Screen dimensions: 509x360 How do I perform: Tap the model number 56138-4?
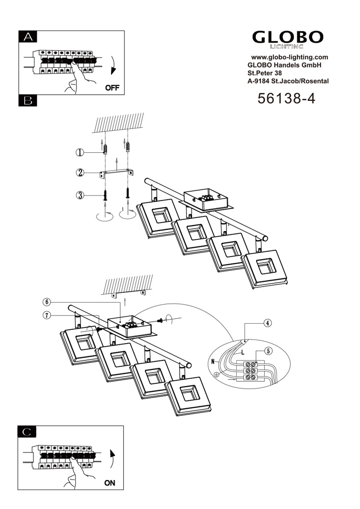click(x=287, y=98)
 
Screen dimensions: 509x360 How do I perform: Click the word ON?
click(x=109, y=484)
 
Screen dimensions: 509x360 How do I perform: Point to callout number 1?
click(x=80, y=152)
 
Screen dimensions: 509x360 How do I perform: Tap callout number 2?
click(x=80, y=173)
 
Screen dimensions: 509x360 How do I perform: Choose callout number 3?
click(x=80, y=195)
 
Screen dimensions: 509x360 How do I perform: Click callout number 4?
click(x=268, y=323)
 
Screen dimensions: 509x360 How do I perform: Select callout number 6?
click(x=47, y=302)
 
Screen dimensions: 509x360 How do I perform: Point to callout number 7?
click(x=47, y=315)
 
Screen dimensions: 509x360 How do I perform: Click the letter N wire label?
click(x=212, y=362)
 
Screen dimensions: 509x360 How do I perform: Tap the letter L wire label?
click(x=243, y=352)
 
